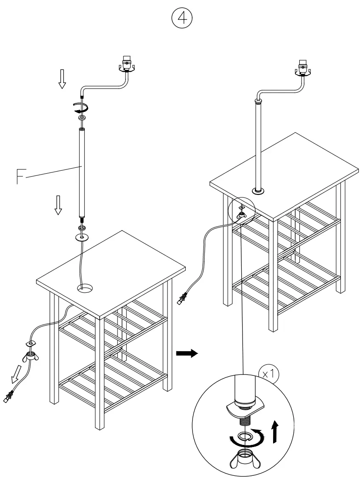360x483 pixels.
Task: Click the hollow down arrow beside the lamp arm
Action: (x=62, y=80)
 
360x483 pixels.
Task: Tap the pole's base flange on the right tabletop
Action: (x=258, y=192)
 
